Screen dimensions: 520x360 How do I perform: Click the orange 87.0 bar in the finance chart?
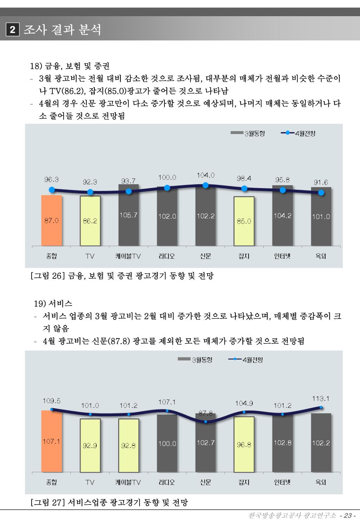52,220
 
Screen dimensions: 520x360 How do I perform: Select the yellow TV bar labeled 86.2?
90,221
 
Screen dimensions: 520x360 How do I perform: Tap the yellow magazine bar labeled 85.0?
244,221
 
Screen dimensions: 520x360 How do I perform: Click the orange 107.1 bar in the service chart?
52,441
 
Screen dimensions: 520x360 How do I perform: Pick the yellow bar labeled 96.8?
244,444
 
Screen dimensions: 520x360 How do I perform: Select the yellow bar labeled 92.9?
90,445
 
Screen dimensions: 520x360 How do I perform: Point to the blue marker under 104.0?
206,185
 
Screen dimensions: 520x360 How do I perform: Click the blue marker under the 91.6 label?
321,193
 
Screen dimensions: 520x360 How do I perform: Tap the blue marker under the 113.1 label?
321,407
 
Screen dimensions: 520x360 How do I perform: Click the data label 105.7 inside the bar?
128,215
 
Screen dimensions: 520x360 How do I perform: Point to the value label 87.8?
206,413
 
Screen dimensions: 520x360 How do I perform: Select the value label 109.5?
52,400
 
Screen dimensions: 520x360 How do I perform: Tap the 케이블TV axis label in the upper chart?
128,256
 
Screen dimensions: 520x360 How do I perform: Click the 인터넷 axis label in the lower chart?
282,482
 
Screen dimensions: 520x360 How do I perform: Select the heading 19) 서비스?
53,303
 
